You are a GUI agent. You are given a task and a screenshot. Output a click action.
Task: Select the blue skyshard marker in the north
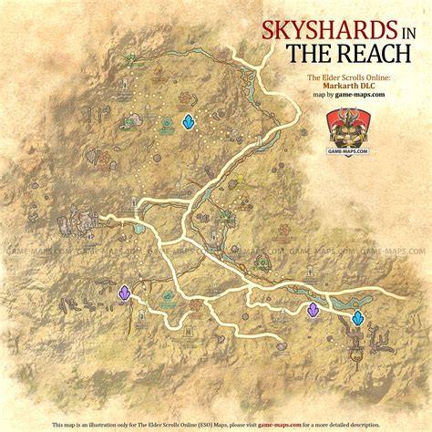(189, 121)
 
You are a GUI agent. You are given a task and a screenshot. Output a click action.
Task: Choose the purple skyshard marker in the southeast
(314, 310)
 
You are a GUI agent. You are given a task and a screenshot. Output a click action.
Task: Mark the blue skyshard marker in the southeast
(359, 316)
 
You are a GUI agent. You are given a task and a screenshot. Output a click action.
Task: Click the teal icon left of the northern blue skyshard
(168, 123)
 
